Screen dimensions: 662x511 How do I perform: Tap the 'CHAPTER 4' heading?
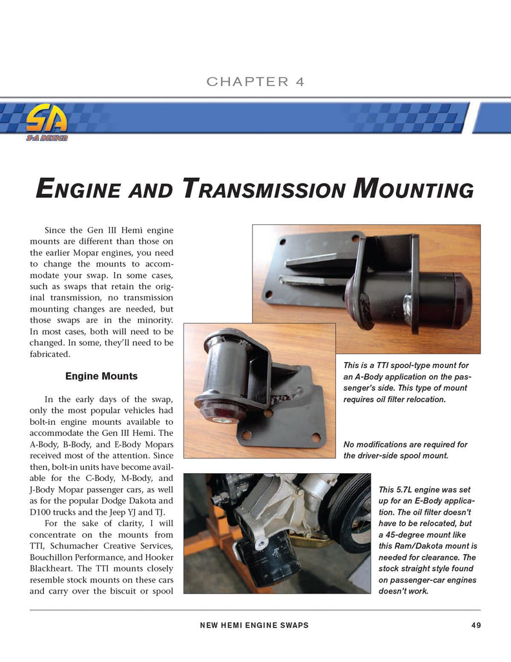pos(255,81)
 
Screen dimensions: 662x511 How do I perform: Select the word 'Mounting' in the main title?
pos(413,189)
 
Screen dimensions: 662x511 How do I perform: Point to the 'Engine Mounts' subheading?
pos(101,376)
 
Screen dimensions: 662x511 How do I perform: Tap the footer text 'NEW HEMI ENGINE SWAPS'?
pos(255,625)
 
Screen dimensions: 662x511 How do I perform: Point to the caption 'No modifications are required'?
pos(406,451)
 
